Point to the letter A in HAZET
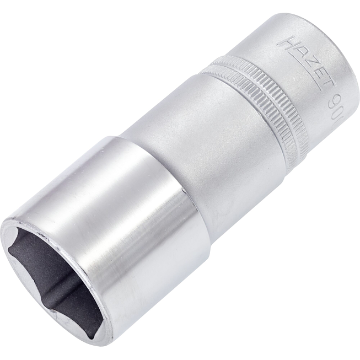[x=295, y=51]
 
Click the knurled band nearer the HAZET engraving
[x=259, y=83]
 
